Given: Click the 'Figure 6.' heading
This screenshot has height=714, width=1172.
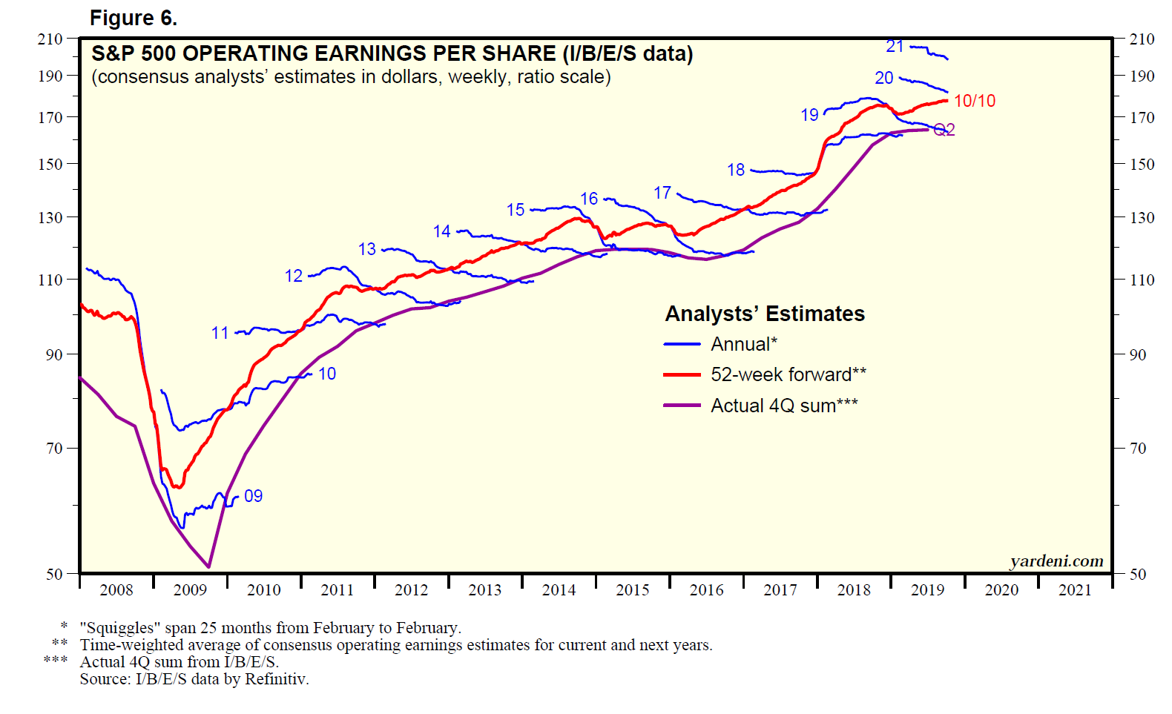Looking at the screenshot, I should (134, 18).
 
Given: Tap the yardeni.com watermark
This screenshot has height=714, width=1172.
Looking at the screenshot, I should (1056, 561).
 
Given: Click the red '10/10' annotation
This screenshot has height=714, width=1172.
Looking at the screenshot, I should (974, 101).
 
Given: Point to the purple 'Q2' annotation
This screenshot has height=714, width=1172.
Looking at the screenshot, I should (944, 130).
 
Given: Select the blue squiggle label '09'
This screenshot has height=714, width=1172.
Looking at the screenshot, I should (253, 496).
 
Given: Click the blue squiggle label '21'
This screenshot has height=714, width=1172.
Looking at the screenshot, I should (895, 47).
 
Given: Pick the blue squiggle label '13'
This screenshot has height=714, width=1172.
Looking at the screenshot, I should (366, 249).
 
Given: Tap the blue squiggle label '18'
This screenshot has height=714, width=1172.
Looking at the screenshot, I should (735, 170).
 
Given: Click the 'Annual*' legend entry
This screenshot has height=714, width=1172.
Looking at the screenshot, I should (743, 344).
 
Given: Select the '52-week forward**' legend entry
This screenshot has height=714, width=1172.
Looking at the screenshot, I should (788, 374).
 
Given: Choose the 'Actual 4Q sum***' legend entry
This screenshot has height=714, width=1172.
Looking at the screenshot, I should (784, 406).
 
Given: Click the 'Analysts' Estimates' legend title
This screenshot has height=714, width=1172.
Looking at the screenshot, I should (765, 314).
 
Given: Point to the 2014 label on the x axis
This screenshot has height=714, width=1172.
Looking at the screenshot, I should (559, 590).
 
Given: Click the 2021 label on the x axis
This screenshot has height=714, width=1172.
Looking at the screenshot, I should (1075, 590).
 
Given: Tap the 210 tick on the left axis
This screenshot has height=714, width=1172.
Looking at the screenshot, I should (50, 39).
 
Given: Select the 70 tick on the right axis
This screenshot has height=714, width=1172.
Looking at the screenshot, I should (1137, 448).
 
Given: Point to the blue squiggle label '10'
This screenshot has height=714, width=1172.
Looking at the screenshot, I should (327, 374).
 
